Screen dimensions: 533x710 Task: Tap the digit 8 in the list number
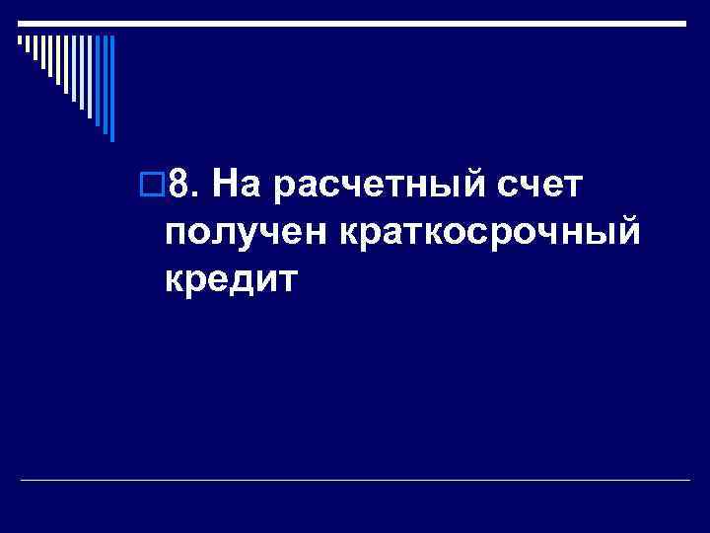click(x=178, y=183)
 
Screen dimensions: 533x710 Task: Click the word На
click(x=235, y=183)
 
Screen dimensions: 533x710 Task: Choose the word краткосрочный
click(x=492, y=235)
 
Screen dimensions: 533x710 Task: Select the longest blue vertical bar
click(x=111, y=89)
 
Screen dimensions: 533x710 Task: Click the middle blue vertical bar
click(x=98, y=81)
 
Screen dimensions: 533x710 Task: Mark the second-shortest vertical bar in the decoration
click(x=28, y=45)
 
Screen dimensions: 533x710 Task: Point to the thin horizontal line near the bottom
click(x=355, y=481)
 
